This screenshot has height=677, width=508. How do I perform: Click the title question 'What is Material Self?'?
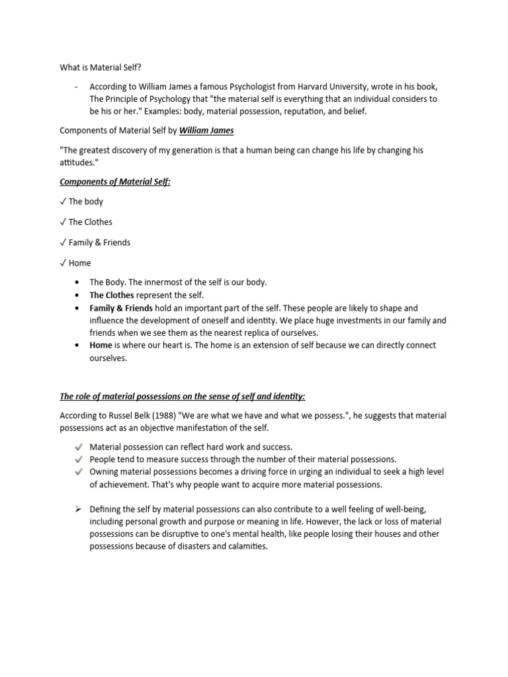101,67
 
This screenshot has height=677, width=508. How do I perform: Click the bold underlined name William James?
206,130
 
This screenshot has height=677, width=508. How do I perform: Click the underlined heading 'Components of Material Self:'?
115,181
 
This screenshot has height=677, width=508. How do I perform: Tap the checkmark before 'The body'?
63,202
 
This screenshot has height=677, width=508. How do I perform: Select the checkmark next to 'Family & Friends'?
63,243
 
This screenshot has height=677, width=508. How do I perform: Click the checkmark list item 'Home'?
79,263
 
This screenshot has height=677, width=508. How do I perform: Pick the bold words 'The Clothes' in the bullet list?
112,296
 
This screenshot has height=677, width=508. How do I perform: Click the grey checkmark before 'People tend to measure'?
78,459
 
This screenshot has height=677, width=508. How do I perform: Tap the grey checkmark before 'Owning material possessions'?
78,472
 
